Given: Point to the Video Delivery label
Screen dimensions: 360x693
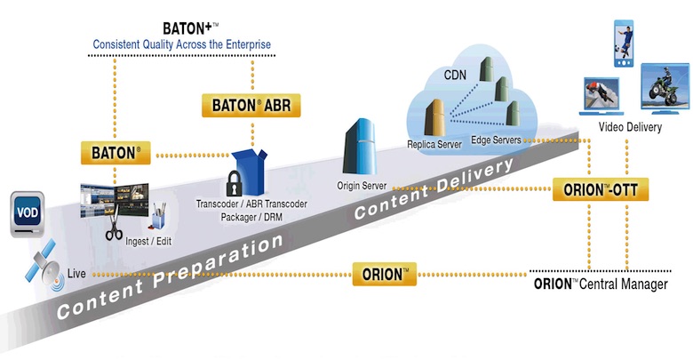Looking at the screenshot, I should click(629, 128).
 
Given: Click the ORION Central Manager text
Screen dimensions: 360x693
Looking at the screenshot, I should click(612, 284).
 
